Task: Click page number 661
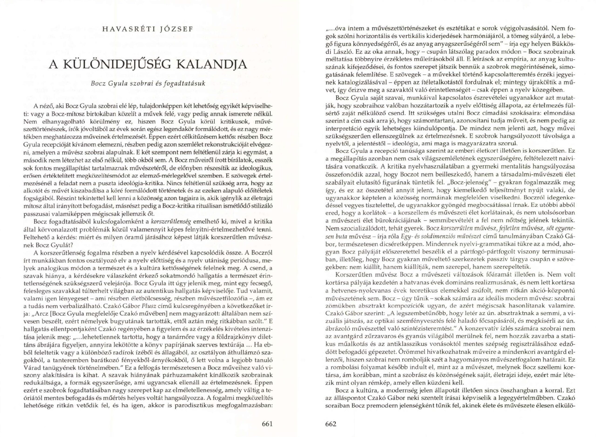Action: click(267, 424)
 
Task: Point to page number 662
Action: click(331, 424)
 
